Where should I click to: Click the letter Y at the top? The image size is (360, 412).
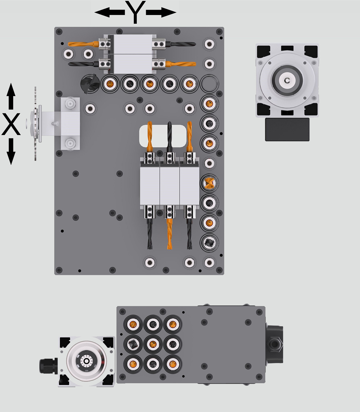pyautogui.click(x=136, y=12)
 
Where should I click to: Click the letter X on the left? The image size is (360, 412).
pyautogui.click(x=11, y=124)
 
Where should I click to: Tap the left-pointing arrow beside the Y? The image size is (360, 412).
pyautogui.click(x=109, y=12)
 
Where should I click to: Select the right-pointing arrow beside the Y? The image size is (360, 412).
pyautogui.click(x=161, y=12)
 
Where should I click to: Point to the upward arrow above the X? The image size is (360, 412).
pyautogui.click(x=11, y=96)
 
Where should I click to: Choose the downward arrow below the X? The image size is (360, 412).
pyautogui.click(x=11, y=151)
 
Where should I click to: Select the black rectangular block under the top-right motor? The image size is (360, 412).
pyautogui.click(x=287, y=129)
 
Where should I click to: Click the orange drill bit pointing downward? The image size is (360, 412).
pyautogui.click(x=170, y=234)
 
